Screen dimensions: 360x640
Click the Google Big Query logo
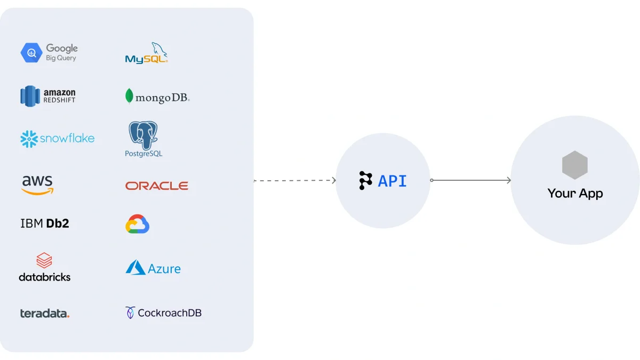pyautogui.click(x=49, y=52)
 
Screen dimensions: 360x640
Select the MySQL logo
pyautogui.click(x=146, y=53)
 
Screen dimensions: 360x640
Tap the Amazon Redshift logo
pyautogui.click(x=48, y=96)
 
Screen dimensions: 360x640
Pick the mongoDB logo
pyautogui.click(x=157, y=97)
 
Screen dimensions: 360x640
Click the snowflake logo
pyautogui.click(x=57, y=139)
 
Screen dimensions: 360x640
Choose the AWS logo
pyautogui.click(x=37, y=185)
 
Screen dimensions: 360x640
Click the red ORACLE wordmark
pyautogui.click(x=157, y=186)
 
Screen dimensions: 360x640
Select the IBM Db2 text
pyautogui.click(x=45, y=223)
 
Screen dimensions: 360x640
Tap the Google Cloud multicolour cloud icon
pyautogui.click(x=137, y=224)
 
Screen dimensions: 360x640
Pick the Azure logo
pyautogui.click(x=153, y=268)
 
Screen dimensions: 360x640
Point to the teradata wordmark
pyautogui.click(x=45, y=313)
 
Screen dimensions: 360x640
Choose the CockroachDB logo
pyautogui.click(x=163, y=313)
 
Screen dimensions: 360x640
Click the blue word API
pyautogui.click(x=392, y=181)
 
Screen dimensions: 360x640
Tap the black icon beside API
pyautogui.click(x=365, y=181)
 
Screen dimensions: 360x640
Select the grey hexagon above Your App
pyautogui.click(x=574, y=165)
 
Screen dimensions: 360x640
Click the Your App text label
pyautogui.click(x=575, y=193)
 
